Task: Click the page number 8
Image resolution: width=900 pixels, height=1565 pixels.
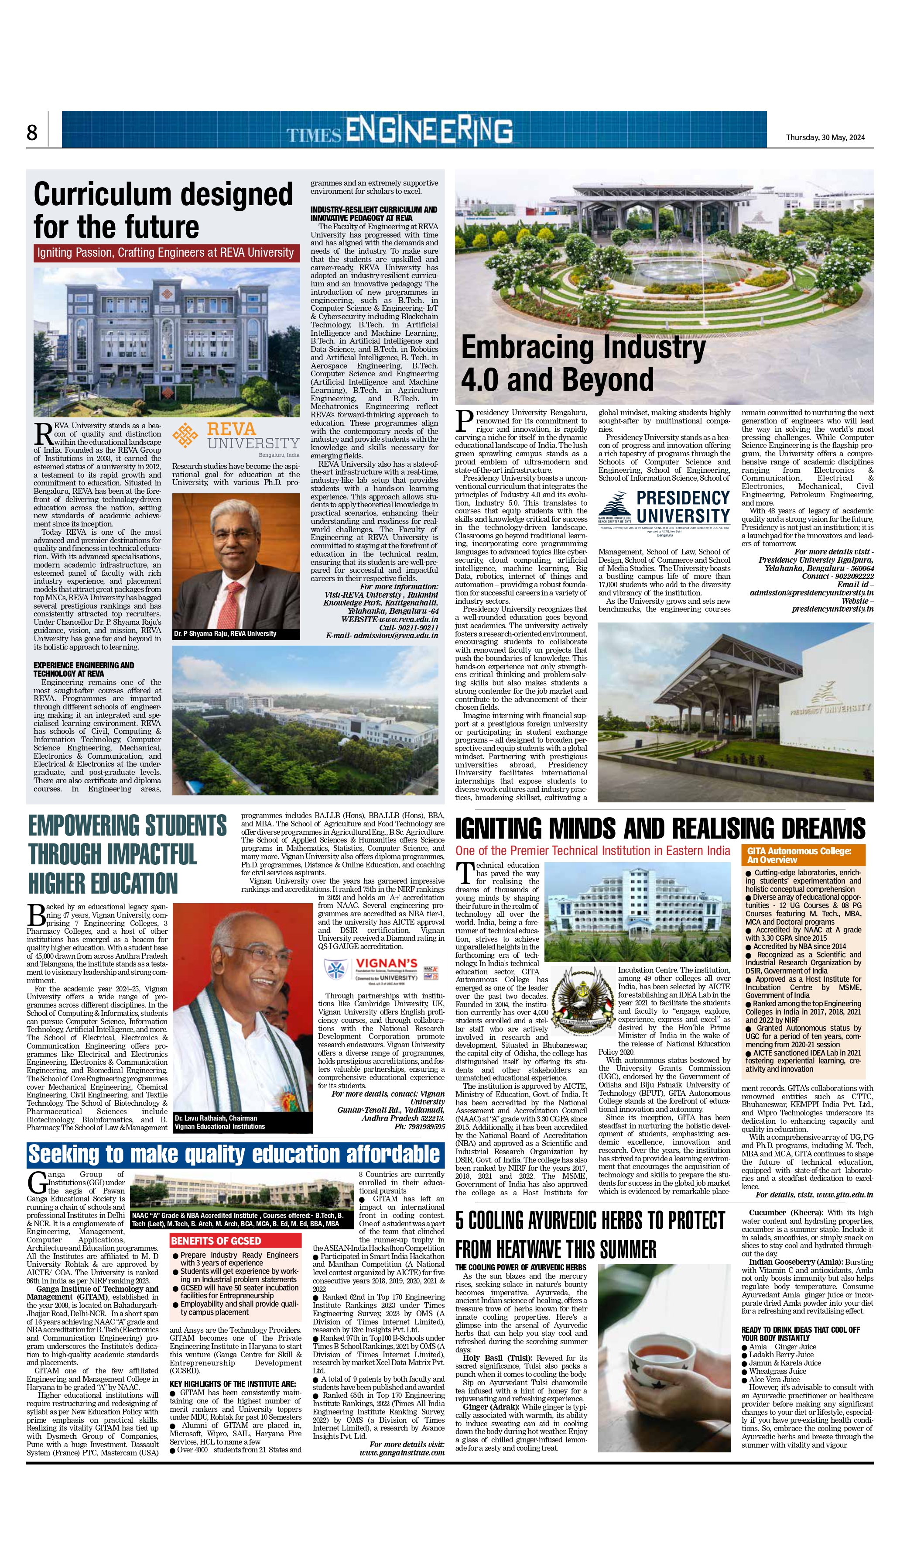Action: (x=32, y=132)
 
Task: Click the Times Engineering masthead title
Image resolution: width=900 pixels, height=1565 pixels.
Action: (x=399, y=131)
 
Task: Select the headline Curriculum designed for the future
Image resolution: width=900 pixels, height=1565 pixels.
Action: (x=163, y=210)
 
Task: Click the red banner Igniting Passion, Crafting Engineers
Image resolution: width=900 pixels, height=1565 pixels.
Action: (x=166, y=252)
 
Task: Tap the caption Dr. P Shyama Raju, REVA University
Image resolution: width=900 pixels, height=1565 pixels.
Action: (x=225, y=633)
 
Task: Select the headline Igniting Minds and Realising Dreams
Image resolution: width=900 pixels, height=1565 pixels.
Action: (x=660, y=828)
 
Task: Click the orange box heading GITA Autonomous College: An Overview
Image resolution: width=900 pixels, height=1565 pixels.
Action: (x=802, y=855)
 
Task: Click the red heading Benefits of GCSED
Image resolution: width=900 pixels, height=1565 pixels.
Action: (x=216, y=1240)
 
